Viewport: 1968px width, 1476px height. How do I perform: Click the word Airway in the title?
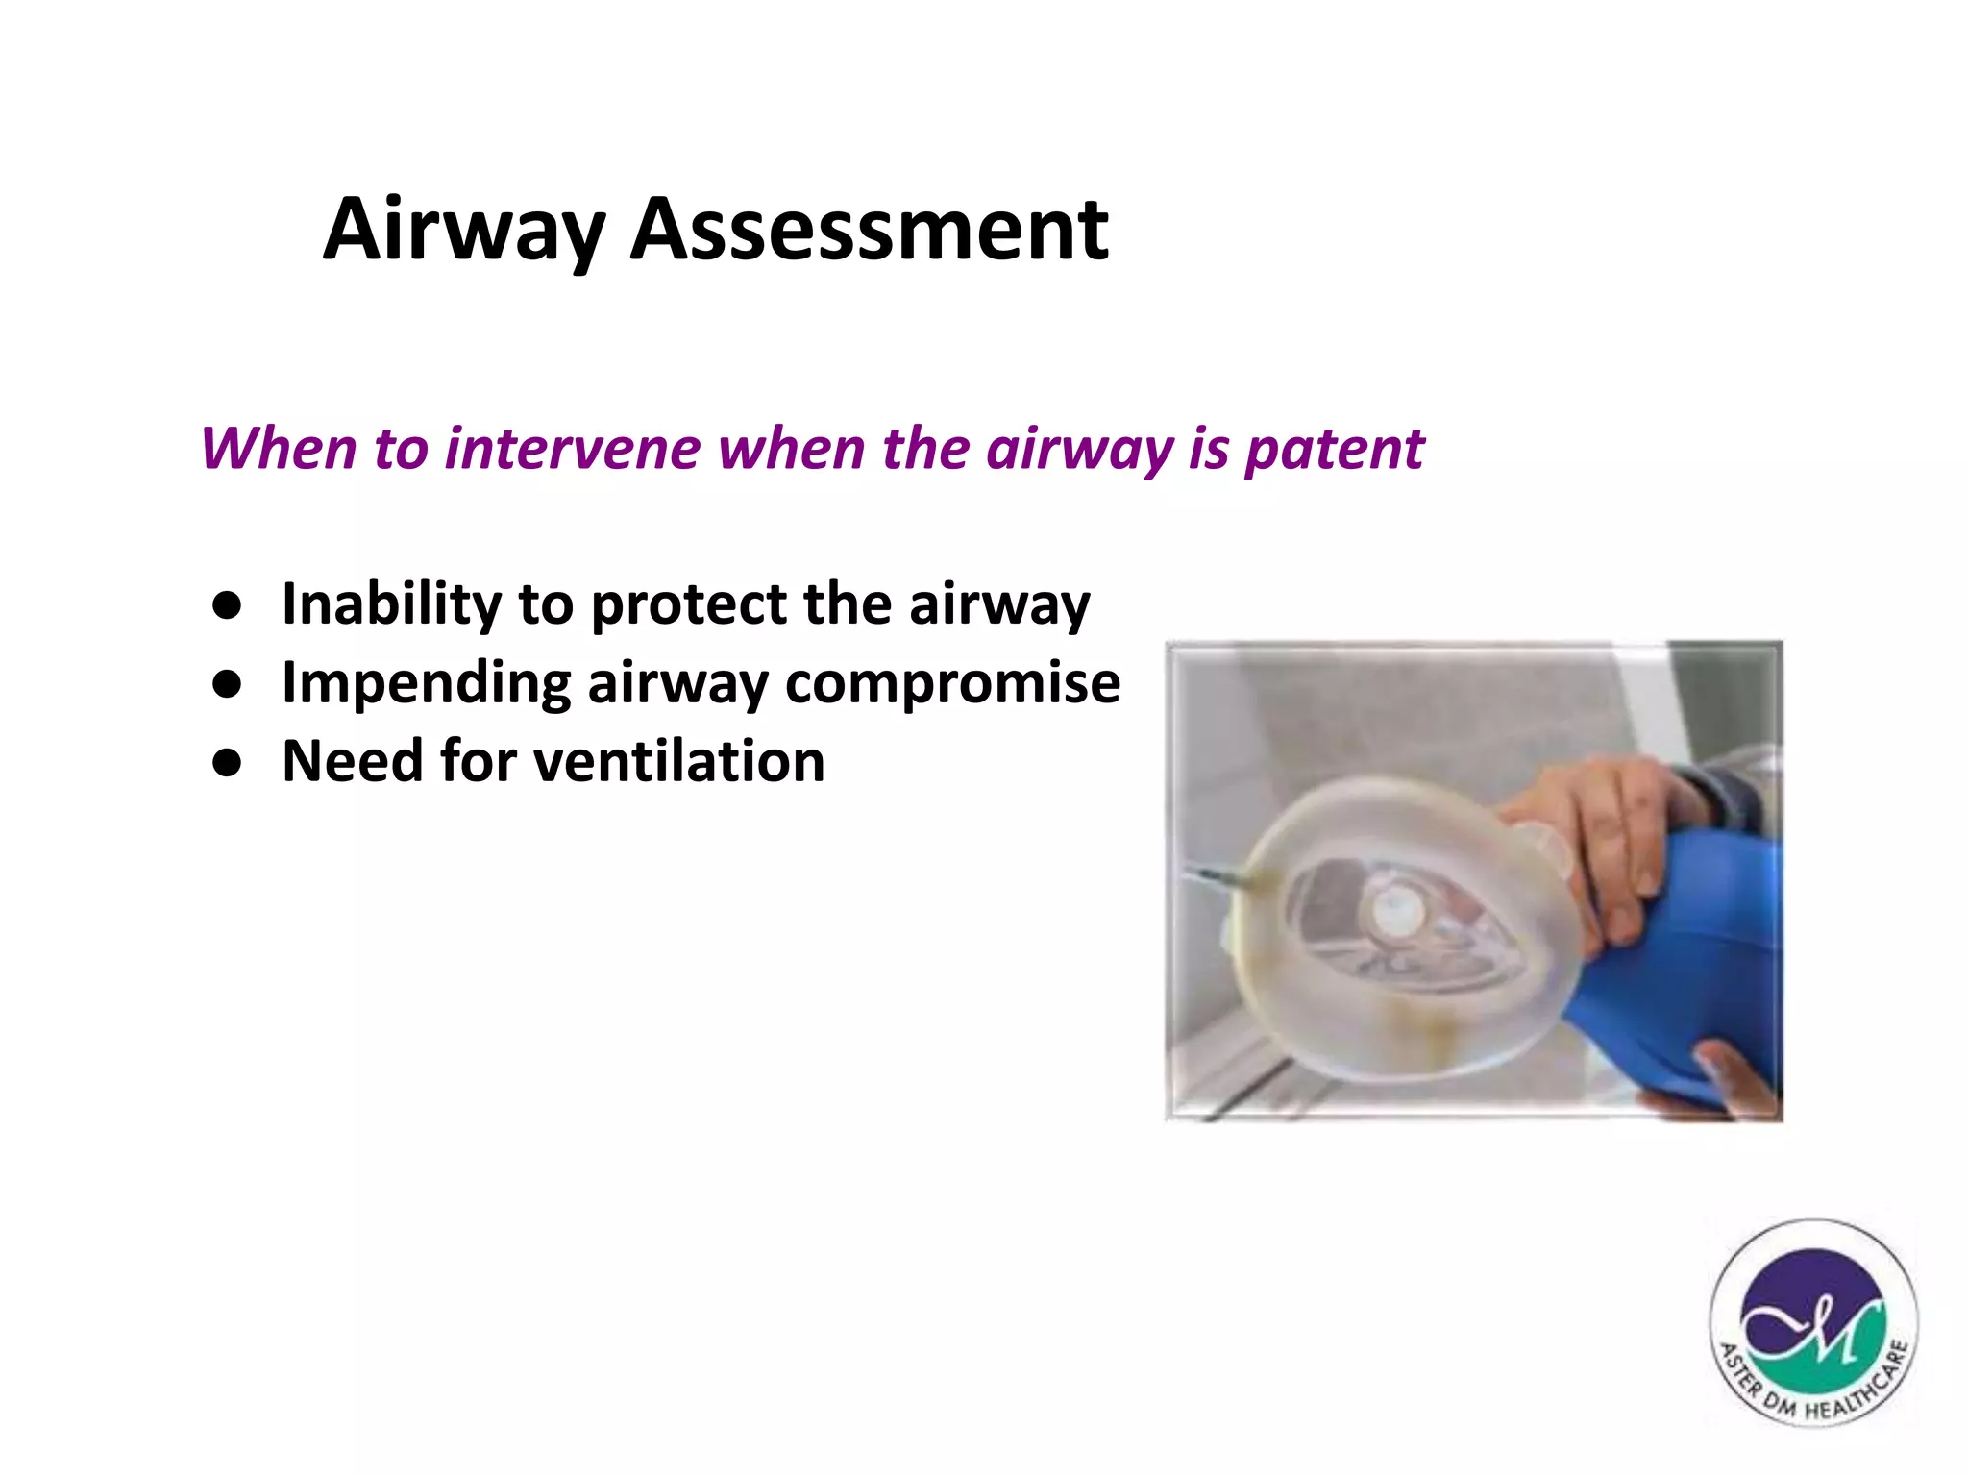click(463, 231)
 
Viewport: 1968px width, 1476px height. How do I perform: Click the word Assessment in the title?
click(869, 231)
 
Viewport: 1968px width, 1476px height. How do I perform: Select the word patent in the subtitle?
click(1334, 451)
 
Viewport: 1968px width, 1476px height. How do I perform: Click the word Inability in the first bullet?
click(390, 604)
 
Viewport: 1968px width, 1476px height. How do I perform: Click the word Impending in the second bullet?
click(426, 684)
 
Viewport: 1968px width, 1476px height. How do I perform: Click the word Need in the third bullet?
click(352, 761)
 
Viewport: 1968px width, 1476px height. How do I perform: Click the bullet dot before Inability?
click(227, 606)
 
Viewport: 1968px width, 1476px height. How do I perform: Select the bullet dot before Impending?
click(227, 684)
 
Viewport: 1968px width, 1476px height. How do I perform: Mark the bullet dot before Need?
click(227, 763)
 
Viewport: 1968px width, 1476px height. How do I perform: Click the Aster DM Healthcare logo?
click(1812, 1322)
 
